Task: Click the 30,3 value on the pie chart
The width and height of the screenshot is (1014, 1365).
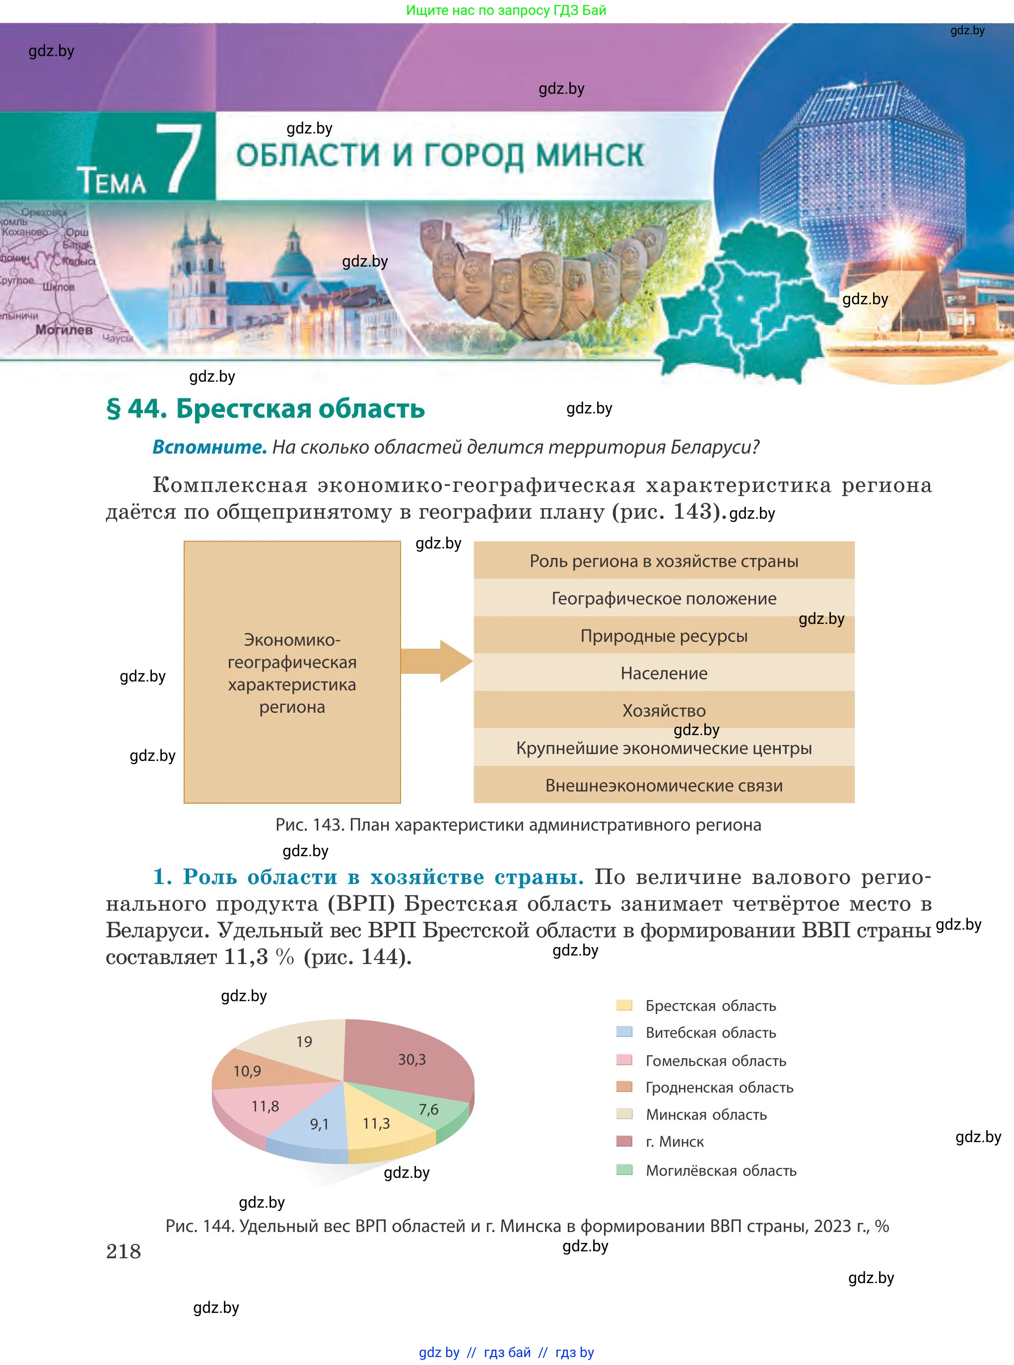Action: (x=412, y=1059)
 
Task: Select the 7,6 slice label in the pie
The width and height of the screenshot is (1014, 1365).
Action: (x=428, y=1109)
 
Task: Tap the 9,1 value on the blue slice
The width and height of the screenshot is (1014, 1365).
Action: (x=319, y=1124)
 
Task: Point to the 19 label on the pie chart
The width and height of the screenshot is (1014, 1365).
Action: (x=304, y=1041)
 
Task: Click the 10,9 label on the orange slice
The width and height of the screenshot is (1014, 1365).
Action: (x=247, y=1071)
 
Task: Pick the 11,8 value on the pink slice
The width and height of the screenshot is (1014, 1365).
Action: (x=265, y=1106)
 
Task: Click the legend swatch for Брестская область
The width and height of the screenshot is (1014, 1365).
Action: (x=624, y=1005)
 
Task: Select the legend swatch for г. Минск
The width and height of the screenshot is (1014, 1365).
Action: (x=624, y=1141)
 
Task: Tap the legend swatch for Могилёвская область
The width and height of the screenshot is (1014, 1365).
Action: (x=624, y=1169)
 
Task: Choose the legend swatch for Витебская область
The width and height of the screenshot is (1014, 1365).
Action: (x=624, y=1032)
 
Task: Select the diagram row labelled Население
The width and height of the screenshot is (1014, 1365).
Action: (x=664, y=673)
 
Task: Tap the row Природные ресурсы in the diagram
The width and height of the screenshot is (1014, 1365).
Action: (x=664, y=635)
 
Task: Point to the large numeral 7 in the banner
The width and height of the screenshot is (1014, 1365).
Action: (x=179, y=158)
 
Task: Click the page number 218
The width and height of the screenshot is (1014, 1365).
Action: (x=124, y=1251)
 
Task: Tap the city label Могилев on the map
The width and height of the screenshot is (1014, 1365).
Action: (x=64, y=330)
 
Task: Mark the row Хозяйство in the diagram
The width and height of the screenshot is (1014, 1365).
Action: (x=664, y=710)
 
